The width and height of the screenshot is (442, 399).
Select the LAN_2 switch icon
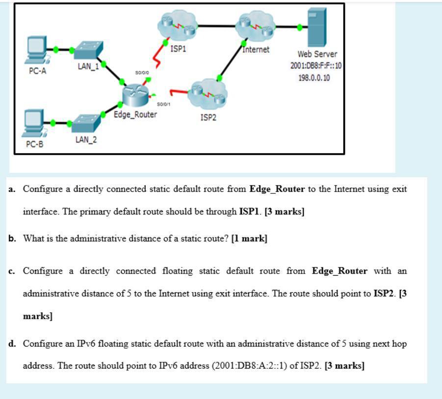click(86, 122)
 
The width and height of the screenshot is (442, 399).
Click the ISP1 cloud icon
click(177, 26)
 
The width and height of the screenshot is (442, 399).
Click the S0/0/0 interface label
click(142, 72)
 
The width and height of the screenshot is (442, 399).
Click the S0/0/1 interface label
click(163, 104)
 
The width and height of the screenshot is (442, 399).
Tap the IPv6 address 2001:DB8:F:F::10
click(316, 66)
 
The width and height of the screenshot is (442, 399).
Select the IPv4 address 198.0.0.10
click(314, 78)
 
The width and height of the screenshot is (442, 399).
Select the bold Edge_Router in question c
click(339, 271)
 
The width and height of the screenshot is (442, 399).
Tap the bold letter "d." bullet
click(13, 344)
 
